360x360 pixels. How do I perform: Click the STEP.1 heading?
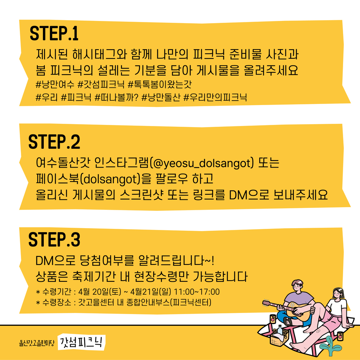point(54,33)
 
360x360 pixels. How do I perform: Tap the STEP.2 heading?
point(54,142)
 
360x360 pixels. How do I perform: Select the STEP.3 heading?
point(54,240)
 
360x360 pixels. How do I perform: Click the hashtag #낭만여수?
point(55,84)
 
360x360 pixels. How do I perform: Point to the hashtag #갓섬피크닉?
point(101,84)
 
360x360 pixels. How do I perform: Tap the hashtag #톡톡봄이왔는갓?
point(159,84)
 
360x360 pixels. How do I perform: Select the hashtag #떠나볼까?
point(117,97)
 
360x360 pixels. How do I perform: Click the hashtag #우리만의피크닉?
point(215,97)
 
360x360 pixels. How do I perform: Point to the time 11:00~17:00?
point(197,292)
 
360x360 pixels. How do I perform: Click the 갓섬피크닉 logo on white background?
point(81,342)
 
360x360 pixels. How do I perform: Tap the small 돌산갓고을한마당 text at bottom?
point(37,343)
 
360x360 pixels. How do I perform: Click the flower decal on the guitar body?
point(292,305)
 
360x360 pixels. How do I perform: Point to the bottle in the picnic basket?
point(280,331)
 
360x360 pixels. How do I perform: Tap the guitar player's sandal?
point(288,321)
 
